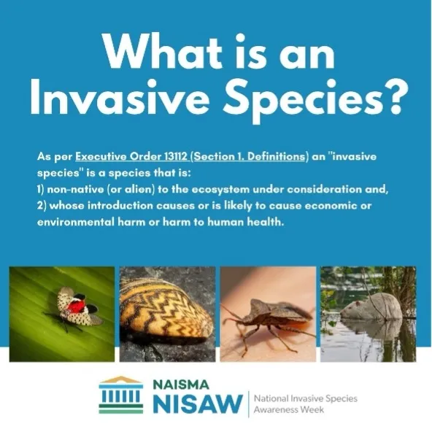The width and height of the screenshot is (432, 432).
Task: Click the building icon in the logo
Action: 120,396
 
